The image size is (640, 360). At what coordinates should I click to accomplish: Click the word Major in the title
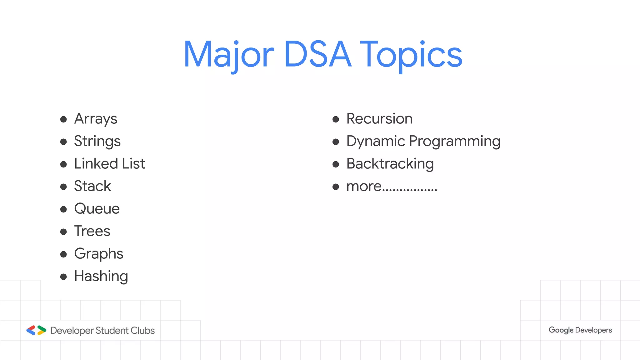click(x=228, y=55)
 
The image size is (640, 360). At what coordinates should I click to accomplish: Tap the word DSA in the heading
click(x=318, y=55)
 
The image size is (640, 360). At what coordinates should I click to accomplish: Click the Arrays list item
click(x=96, y=119)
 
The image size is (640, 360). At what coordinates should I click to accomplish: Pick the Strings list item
click(x=97, y=142)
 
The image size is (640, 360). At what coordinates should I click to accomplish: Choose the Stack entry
click(x=92, y=186)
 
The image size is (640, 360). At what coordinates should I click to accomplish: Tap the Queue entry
click(x=97, y=209)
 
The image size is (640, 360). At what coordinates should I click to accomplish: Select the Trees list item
click(x=92, y=231)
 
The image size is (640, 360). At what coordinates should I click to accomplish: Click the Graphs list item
click(x=99, y=254)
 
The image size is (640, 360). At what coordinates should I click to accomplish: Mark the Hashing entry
click(x=101, y=276)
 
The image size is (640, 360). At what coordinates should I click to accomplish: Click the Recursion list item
click(x=379, y=119)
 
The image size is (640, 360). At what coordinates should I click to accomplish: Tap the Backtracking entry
click(x=390, y=164)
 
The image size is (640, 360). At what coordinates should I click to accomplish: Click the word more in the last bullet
click(x=364, y=187)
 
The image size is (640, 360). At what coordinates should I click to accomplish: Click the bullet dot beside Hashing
click(x=63, y=277)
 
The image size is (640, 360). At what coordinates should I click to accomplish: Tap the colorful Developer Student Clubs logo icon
click(x=36, y=330)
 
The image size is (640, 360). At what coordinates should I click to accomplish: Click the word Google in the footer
click(x=561, y=330)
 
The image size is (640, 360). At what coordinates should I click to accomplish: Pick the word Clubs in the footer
click(x=142, y=331)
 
